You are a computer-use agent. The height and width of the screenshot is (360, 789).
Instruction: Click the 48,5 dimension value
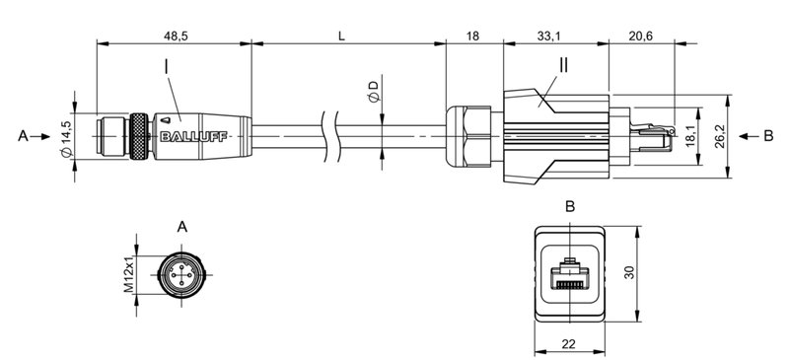click(x=177, y=36)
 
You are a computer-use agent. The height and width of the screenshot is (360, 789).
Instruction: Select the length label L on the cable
click(x=341, y=36)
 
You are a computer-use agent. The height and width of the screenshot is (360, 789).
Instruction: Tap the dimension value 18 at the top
click(x=472, y=36)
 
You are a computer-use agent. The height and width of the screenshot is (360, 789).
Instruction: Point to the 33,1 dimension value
click(x=550, y=36)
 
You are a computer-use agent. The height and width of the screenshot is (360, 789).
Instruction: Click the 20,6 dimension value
click(x=643, y=36)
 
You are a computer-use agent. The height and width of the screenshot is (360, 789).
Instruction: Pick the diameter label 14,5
click(x=66, y=138)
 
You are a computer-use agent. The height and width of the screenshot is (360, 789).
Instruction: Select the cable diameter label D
click(x=373, y=94)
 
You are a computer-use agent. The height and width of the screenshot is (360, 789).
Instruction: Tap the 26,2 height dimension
click(x=749, y=135)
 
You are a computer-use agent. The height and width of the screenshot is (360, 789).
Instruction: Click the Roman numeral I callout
click(x=168, y=68)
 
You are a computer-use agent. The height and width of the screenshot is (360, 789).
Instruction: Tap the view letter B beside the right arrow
click(x=767, y=136)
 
